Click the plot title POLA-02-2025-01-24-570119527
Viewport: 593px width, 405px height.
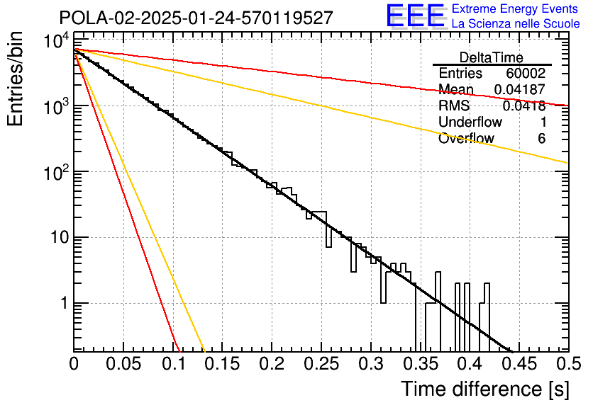196,18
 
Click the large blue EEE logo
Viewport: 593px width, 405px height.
416,16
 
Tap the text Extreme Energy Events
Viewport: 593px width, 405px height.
515,8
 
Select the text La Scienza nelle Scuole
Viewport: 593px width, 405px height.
516,23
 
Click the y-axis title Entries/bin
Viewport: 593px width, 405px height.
15,79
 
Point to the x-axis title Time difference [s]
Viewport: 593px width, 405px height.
485,389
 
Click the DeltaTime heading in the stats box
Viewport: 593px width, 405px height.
492,57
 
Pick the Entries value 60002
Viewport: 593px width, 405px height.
526,73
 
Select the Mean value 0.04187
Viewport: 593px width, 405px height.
520,89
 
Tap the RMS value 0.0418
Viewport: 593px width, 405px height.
524,105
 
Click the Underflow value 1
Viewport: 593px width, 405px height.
543,122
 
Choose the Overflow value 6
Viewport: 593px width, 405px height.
541,138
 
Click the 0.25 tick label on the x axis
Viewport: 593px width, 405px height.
321,363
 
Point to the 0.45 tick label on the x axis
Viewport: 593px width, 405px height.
519,363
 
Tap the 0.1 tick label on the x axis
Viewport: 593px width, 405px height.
174,363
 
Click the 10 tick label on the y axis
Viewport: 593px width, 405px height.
60,238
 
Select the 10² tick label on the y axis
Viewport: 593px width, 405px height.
57,172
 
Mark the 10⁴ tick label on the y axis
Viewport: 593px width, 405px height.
57,40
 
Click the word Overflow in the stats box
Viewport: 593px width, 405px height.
466,138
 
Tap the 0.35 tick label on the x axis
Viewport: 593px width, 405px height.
420,363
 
